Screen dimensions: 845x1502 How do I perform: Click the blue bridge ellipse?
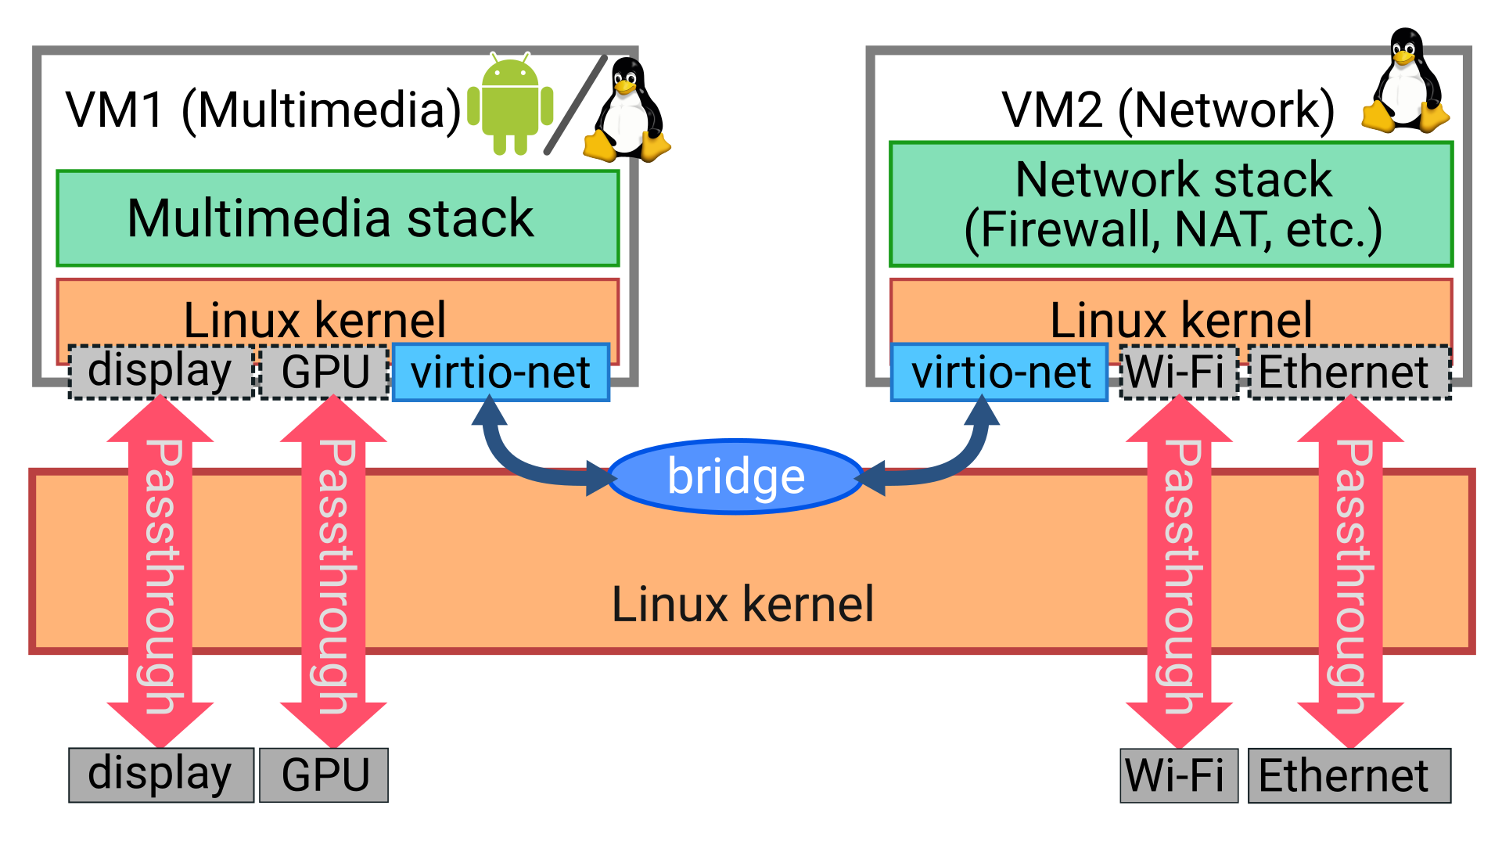pos(735,476)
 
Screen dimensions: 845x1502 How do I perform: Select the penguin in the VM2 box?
pos(1406,82)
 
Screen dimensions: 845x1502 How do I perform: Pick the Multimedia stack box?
pos(338,218)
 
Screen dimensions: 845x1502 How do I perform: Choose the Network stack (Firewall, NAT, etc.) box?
pos(1171,204)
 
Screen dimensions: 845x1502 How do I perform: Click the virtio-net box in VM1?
pos(501,372)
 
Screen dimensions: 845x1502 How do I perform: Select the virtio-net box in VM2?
pos(999,372)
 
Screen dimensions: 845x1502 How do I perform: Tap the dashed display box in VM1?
pos(160,372)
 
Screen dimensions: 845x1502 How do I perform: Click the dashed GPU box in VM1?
pos(325,372)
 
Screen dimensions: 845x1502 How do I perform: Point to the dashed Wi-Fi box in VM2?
pos(1178,372)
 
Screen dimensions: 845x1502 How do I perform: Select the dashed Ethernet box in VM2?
pos(1349,372)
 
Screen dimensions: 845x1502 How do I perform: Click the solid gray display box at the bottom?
pos(160,775)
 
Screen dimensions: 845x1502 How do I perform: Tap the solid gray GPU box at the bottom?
pos(324,775)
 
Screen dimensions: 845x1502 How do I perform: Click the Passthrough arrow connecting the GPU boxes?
pos(333,571)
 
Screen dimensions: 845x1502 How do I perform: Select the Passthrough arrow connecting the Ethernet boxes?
pos(1351,571)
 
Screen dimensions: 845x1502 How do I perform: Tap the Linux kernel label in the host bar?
pos(742,605)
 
